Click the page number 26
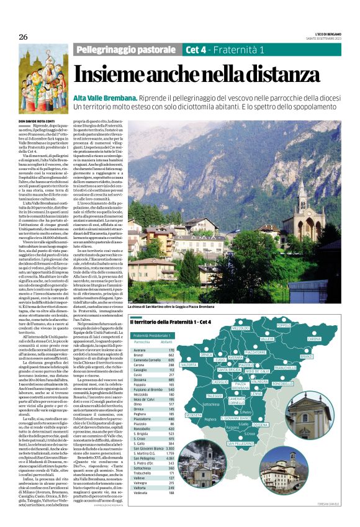click(22, 37)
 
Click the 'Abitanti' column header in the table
click(166, 342)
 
